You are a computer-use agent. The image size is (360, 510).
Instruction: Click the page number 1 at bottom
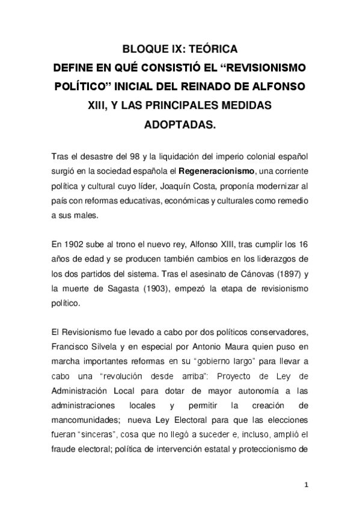click(x=307, y=484)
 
